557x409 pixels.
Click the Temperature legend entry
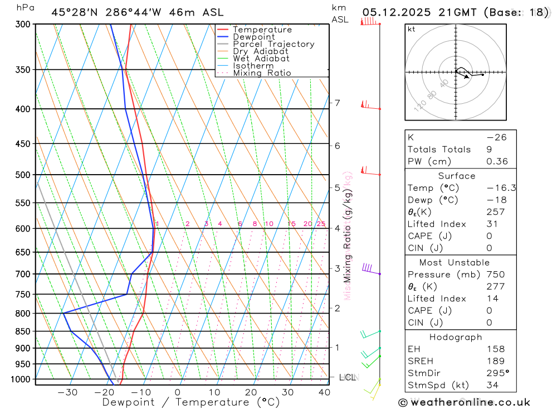pos(262,30)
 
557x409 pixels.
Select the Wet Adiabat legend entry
pos(261,59)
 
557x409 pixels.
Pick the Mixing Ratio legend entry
pos(262,73)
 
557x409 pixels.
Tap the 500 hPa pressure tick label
pos(23,175)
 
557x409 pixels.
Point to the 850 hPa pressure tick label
pos(23,331)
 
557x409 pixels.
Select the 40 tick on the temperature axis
pos(324,392)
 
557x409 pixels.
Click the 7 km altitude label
pos(337,103)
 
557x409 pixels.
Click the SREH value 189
pos(495,361)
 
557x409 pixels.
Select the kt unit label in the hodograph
pos(412,29)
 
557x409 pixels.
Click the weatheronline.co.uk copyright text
pos(464,402)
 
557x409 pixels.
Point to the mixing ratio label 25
pos(321,224)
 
